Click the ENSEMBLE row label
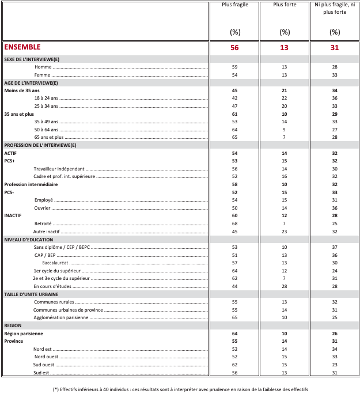[x=22, y=47]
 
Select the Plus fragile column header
[x=234, y=5]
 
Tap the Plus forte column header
[x=284, y=5]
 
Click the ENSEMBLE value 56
[x=234, y=48]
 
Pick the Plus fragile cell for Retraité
[x=234, y=223]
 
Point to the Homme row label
[x=43, y=67]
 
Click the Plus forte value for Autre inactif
[x=284, y=231]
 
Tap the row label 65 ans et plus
[x=49, y=138]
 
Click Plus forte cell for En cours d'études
[x=284, y=286]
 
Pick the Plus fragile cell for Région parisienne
[x=234, y=333]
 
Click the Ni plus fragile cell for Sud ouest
[x=335, y=364]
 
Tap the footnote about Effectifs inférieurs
[x=180, y=388]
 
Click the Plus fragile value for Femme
[x=234, y=75]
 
